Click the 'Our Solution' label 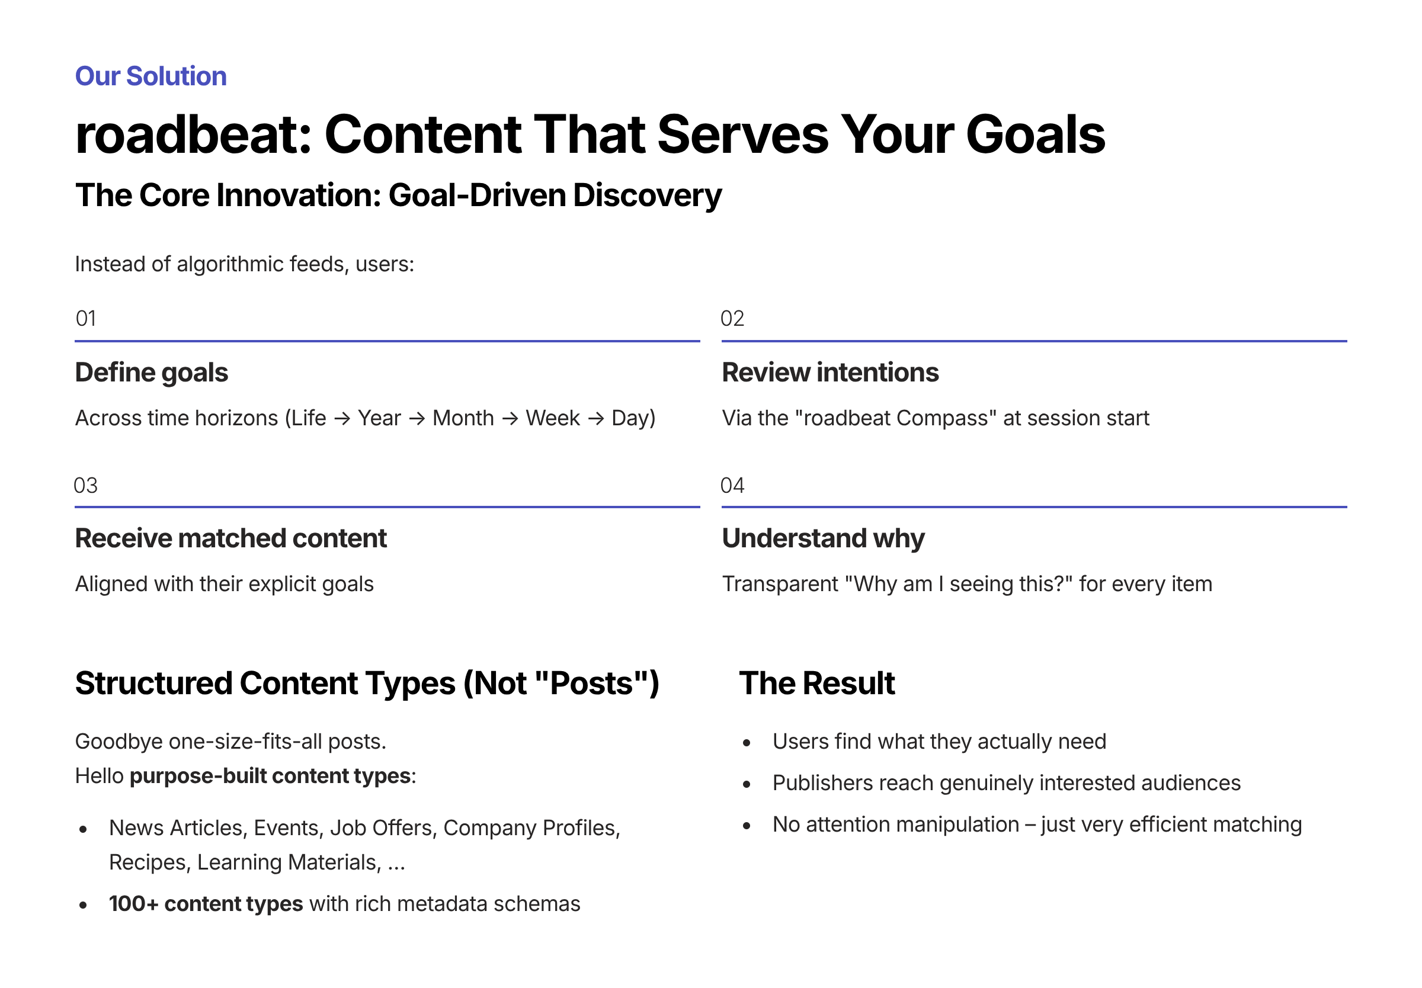coord(150,76)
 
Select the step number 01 coord(85,318)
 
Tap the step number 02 coord(732,318)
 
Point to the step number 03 coord(85,485)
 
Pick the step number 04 coord(732,485)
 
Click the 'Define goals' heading coord(152,373)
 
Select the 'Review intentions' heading coord(830,373)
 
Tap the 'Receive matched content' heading coord(231,538)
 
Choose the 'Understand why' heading coord(824,538)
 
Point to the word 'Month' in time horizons coord(463,418)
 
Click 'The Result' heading coord(817,684)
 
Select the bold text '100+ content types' coord(206,904)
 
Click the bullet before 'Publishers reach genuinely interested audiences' coord(747,784)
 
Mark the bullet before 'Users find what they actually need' coord(747,743)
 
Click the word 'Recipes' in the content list coord(149,863)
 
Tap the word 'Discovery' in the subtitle coord(648,196)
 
